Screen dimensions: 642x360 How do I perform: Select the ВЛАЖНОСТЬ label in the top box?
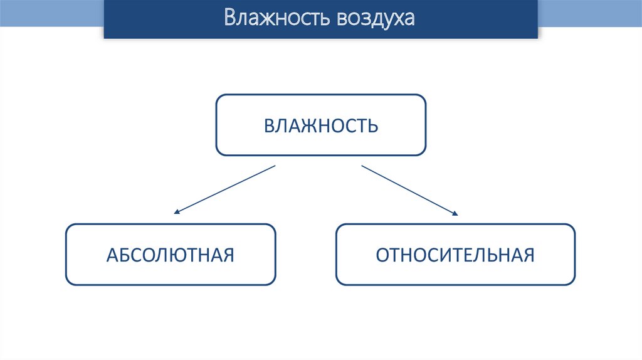[320, 125]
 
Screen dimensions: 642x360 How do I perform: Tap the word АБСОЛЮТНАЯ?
[170, 255]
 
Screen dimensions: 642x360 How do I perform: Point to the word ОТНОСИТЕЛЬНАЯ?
[455, 255]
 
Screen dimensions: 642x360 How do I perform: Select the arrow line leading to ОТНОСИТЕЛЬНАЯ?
[409, 190]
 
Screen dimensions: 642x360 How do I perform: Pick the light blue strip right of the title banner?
[589, 13]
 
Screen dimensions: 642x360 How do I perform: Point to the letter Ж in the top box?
[305, 125]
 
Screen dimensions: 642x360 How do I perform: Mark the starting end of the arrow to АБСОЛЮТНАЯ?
[275, 166]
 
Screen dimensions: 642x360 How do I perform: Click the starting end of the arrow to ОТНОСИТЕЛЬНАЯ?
[362, 166]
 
